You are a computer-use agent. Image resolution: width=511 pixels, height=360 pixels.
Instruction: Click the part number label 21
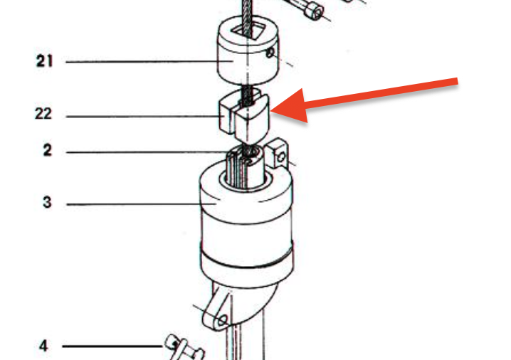(x=44, y=61)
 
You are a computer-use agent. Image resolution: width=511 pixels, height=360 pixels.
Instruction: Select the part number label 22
(x=43, y=114)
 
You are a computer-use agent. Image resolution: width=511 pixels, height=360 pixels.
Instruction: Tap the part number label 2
(x=48, y=150)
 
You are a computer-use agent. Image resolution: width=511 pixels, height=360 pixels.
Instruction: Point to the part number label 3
(x=47, y=202)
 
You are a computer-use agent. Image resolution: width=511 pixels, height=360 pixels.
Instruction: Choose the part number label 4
(x=43, y=346)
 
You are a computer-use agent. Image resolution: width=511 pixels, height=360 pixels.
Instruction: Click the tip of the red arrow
(x=271, y=112)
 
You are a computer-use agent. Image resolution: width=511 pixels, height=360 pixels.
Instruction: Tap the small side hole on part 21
(x=270, y=53)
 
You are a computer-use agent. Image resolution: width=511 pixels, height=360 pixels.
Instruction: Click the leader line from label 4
(x=112, y=346)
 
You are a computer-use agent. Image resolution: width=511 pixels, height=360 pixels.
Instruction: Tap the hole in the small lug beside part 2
(x=281, y=158)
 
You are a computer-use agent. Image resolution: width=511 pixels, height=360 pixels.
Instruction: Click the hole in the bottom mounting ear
(x=222, y=320)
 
